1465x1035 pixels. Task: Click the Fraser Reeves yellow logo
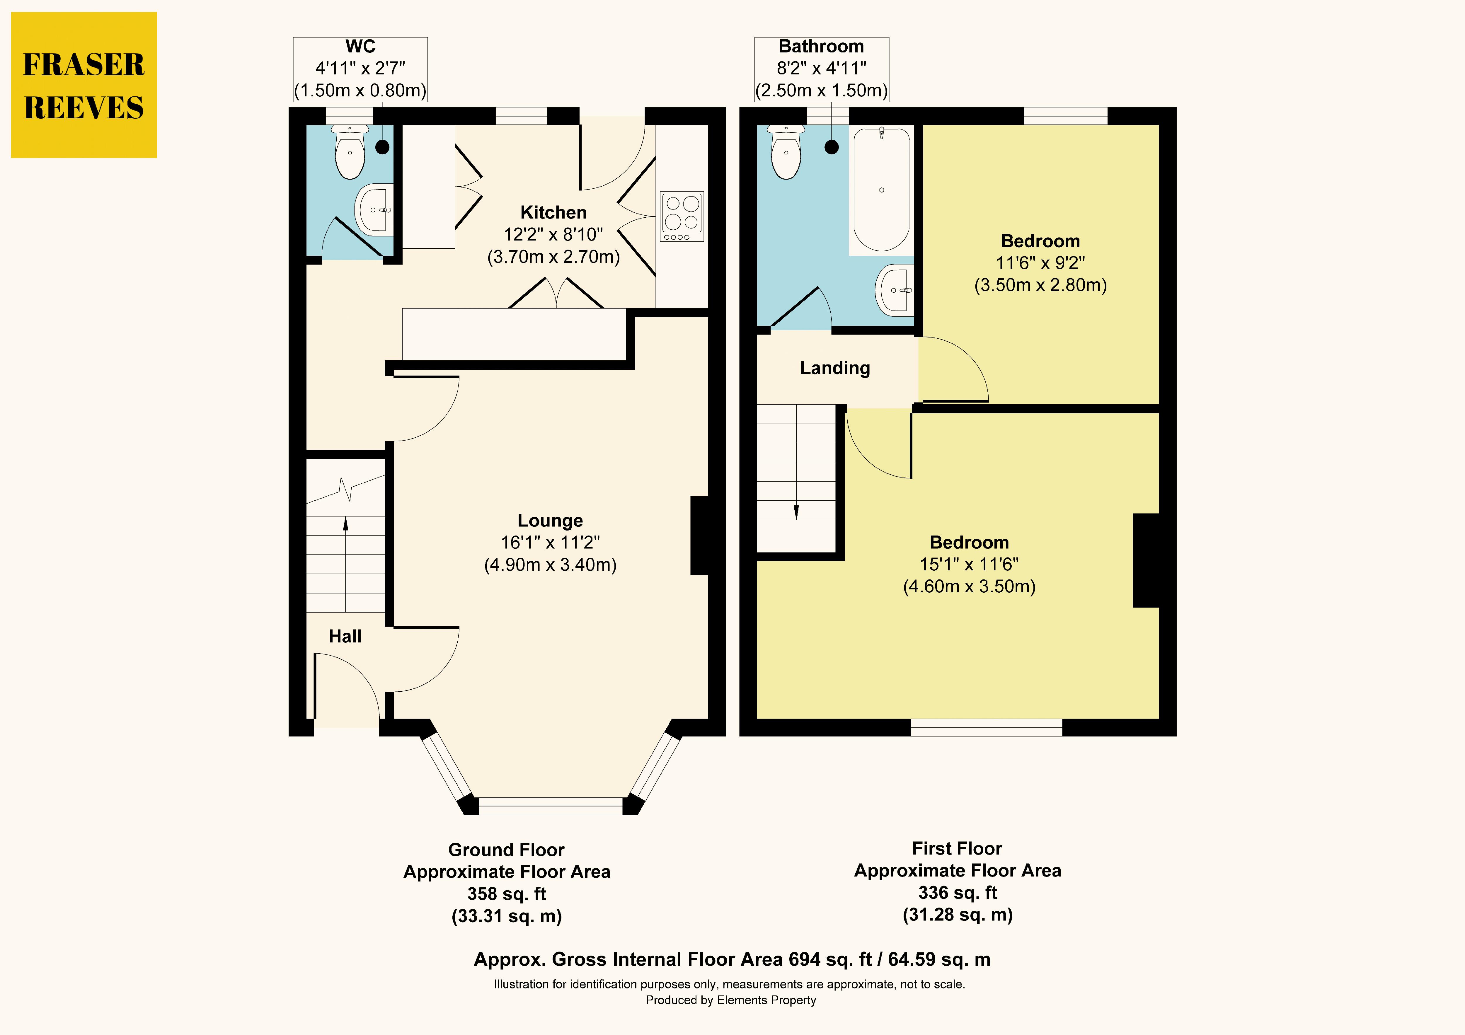[x=84, y=85]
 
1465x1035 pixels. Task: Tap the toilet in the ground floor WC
[x=350, y=152]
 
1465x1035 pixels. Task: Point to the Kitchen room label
[x=553, y=212]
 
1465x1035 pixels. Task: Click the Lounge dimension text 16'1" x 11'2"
[x=550, y=542]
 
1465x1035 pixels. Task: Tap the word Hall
[x=345, y=636]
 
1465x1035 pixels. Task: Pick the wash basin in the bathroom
[x=895, y=290]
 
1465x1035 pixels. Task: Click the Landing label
[x=834, y=368]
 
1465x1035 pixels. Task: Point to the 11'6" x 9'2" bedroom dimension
[x=1040, y=263]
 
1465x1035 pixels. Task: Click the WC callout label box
[x=360, y=69]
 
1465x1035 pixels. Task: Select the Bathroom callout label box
[x=822, y=69]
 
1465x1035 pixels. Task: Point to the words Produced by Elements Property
[x=730, y=1000]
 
